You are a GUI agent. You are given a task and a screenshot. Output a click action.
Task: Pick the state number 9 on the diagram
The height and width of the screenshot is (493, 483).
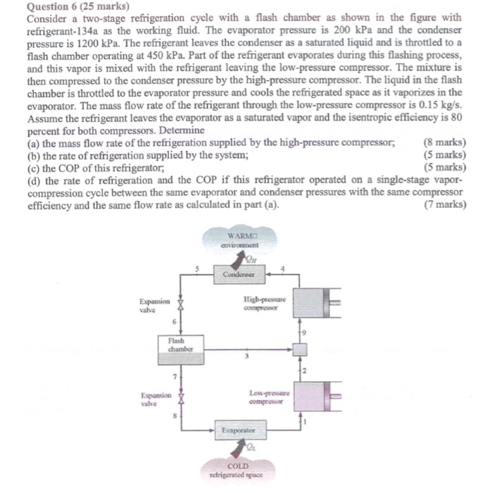click(304, 332)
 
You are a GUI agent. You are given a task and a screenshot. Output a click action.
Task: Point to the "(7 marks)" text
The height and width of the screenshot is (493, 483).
click(445, 205)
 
